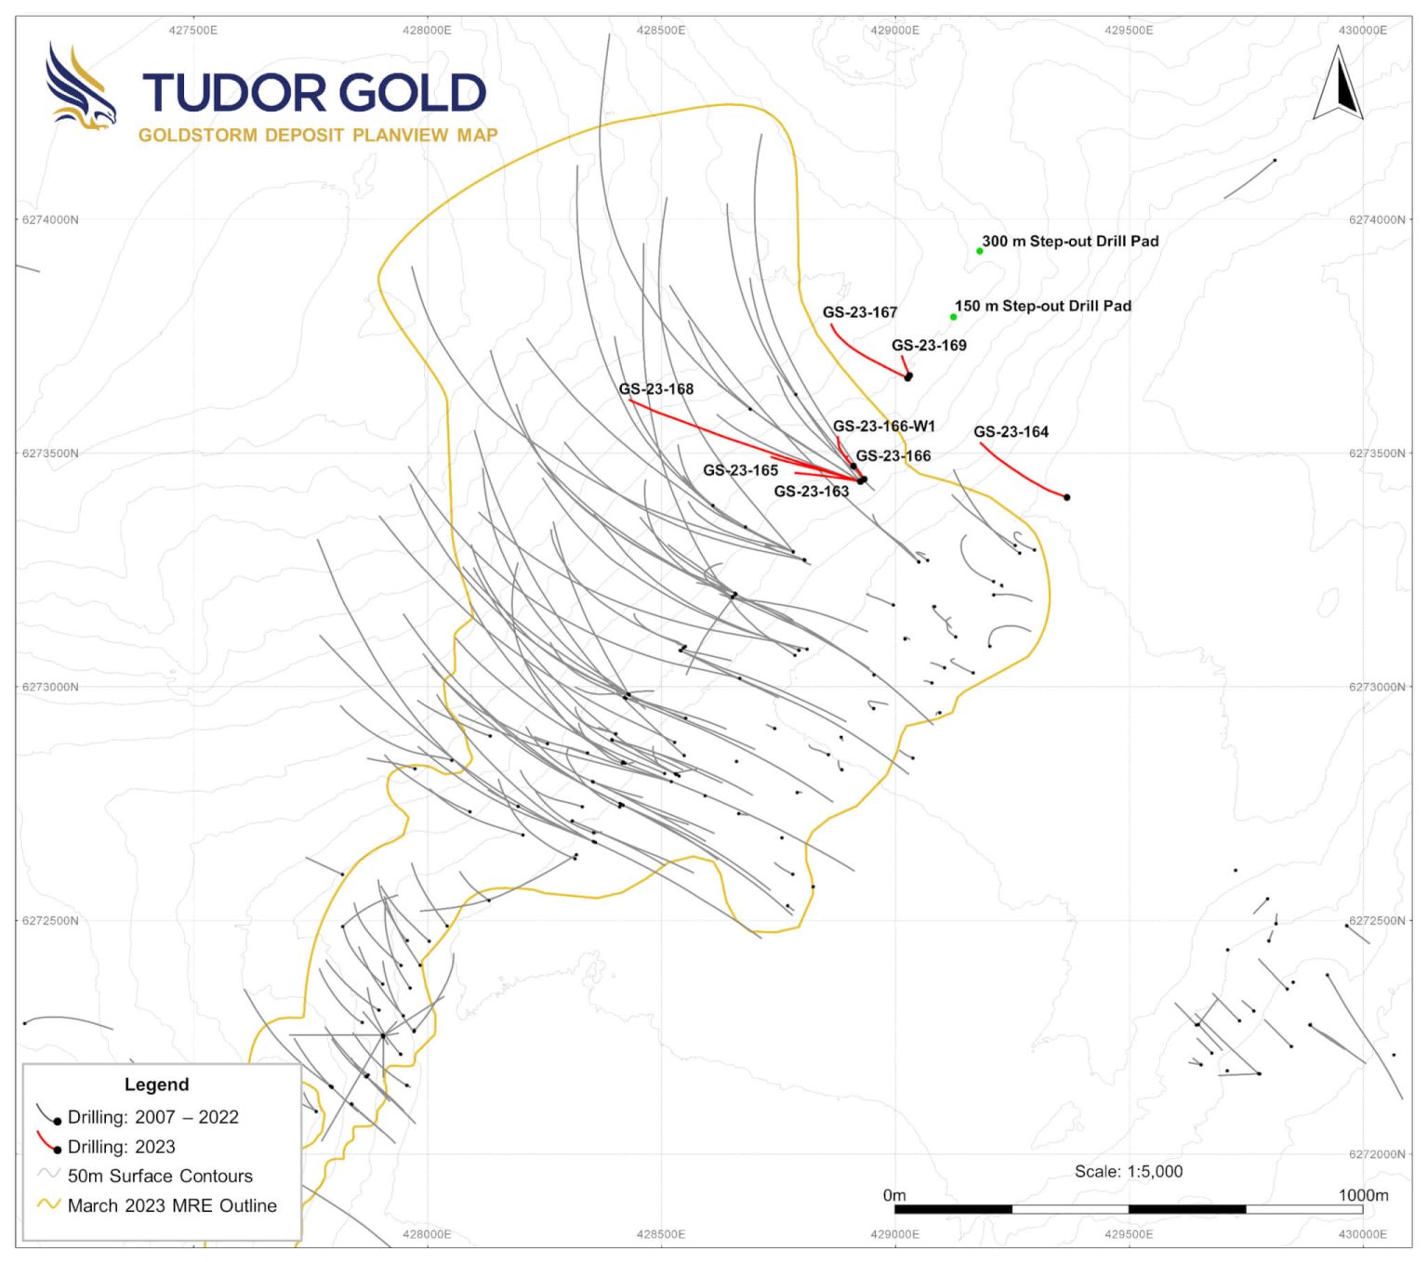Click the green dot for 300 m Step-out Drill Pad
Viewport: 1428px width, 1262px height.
pos(979,251)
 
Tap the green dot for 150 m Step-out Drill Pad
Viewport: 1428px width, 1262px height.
pos(953,317)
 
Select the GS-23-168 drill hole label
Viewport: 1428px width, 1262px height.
pos(655,388)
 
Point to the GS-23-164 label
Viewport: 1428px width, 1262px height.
pos(1011,431)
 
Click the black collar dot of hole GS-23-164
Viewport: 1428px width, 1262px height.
pos(1066,497)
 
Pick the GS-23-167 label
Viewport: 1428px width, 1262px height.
pos(859,312)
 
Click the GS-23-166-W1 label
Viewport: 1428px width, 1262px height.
pos(883,426)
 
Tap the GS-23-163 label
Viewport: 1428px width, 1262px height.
pos(811,491)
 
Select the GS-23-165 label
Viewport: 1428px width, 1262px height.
pos(740,470)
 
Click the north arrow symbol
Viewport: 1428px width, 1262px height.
pos(1338,85)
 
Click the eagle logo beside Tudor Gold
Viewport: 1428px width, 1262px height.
pos(80,88)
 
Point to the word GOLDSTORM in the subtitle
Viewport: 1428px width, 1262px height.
pos(197,136)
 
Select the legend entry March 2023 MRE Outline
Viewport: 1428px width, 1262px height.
pos(172,1205)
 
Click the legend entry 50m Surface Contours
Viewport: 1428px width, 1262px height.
pos(160,1176)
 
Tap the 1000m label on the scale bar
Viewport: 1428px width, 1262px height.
pos(1363,1195)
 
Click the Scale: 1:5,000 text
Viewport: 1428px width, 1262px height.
pos(1129,1171)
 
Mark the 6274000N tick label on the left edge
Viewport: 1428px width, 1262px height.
pos(50,220)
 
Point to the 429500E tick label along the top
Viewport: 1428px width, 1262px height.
pos(1129,31)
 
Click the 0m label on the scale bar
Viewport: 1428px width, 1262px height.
pos(893,1195)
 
